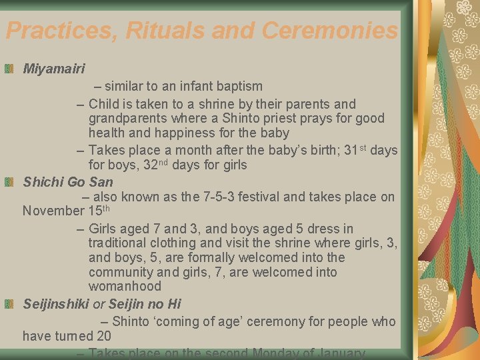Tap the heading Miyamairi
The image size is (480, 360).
pos(54,69)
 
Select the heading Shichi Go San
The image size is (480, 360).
pos(68,181)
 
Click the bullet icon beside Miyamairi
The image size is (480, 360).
pos(9,69)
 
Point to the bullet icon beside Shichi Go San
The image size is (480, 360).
pos(9,181)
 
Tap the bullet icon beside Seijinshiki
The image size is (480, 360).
pos(9,304)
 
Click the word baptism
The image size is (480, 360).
pos(239,86)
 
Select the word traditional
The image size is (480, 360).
pos(122,243)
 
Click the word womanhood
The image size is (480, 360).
pos(125,287)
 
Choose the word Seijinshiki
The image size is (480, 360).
pos(55,304)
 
